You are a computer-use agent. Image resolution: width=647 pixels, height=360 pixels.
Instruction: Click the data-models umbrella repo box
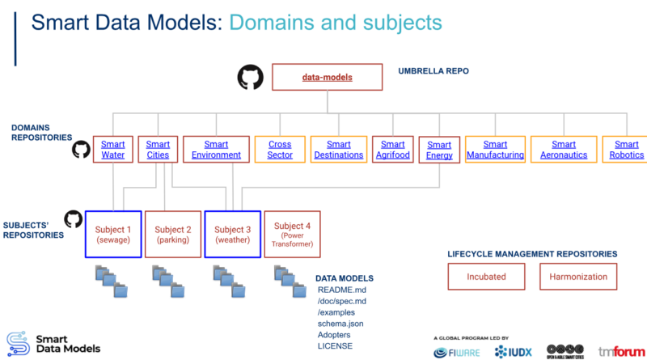pyautogui.click(x=327, y=78)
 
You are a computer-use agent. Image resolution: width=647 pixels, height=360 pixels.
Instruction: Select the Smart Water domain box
pyautogui.click(x=112, y=150)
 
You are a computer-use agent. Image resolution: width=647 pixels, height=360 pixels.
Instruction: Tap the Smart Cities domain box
pyautogui.click(x=158, y=150)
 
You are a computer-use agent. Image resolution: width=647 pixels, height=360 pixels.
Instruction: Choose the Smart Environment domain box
pyautogui.click(x=216, y=150)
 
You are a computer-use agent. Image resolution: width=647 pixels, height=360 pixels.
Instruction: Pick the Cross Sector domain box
pyautogui.click(x=280, y=150)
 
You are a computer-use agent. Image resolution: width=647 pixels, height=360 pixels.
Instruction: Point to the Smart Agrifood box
pyautogui.click(x=392, y=150)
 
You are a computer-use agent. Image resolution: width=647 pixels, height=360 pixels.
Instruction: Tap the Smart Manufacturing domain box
pyautogui.click(x=495, y=150)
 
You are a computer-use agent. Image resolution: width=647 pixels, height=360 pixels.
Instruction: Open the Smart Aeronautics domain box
pyautogui.click(x=564, y=150)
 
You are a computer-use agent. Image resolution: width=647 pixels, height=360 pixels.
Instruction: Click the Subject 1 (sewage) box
pyautogui.click(x=113, y=234)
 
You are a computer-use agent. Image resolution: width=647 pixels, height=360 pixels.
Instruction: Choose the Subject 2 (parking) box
pyautogui.click(x=173, y=234)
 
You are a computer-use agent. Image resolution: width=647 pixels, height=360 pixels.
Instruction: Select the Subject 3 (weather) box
pyautogui.click(x=232, y=234)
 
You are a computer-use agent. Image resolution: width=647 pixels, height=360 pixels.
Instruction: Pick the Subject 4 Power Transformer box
pyautogui.click(x=292, y=235)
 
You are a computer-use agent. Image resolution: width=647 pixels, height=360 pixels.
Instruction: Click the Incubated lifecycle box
pyautogui.click(x=486, y=277)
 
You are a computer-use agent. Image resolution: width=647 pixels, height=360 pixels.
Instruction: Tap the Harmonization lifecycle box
pyautogui.click(x=578, y=277)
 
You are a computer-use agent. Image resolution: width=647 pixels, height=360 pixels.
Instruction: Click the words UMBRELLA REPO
pyautogui.click(x=433, y=71)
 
